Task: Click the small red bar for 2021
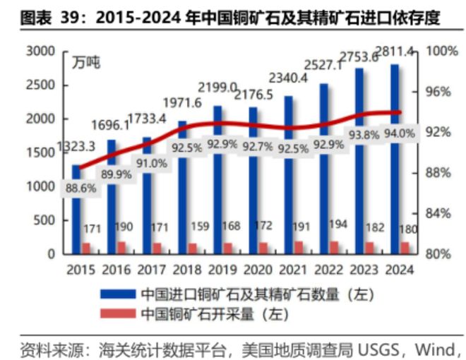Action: (x=298, y=247)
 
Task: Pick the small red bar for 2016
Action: (x=121, y=247)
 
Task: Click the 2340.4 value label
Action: (x=289, y=78)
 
